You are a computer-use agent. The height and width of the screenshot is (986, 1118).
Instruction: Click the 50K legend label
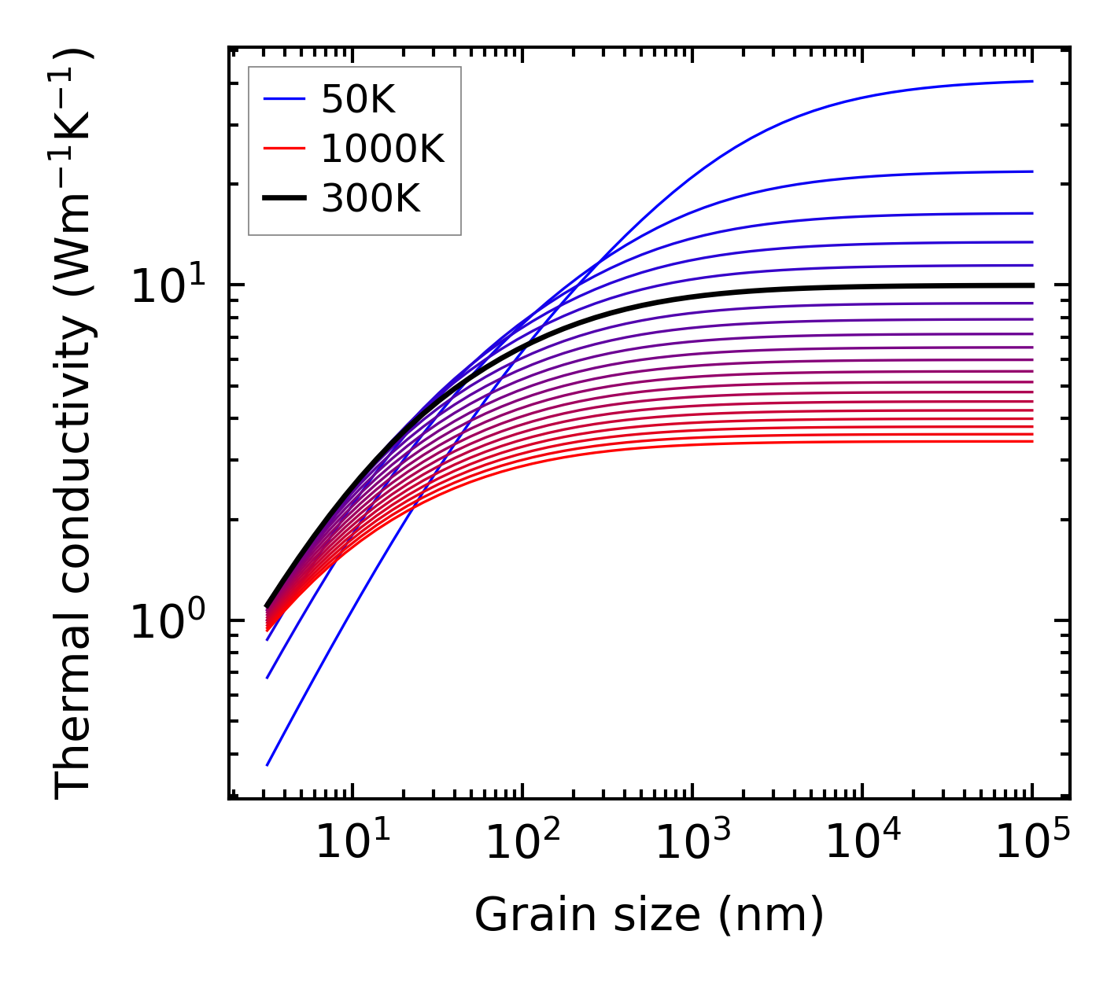click(x=358, y=99)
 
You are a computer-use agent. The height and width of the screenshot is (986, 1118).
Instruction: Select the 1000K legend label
click(x=383, y=149)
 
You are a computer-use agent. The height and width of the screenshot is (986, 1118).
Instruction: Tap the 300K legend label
click(x=371, y=199)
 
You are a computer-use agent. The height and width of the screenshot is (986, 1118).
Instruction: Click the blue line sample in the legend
click(x=284, y=99)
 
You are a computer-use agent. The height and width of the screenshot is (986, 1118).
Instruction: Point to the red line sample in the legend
click(x=284, y=149)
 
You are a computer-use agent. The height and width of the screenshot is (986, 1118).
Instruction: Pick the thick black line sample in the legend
click(x=284, y=199)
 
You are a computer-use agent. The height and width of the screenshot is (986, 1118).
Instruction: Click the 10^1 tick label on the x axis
click(x=352, y=842)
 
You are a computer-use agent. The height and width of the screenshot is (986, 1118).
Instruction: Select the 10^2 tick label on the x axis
click(x=523, y=842)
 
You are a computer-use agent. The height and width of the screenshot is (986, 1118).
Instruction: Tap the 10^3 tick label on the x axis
click(x=693, y=842)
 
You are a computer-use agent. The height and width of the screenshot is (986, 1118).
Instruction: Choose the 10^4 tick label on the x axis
click(x=863, y=842)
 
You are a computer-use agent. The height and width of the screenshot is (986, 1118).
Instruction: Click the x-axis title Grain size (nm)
click(x=649, y=914)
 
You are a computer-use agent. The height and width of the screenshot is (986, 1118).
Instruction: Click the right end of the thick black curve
click(x=1031, y=285)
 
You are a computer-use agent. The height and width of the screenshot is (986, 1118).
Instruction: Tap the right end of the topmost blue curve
click(x=1031, y=81)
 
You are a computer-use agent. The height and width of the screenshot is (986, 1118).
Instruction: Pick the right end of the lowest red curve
click(x=1031, y=441)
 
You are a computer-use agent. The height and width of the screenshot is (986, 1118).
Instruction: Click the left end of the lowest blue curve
click(x=268, y=765)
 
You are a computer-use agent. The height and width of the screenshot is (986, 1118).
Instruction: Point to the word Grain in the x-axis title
click(x=521, y=914)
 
